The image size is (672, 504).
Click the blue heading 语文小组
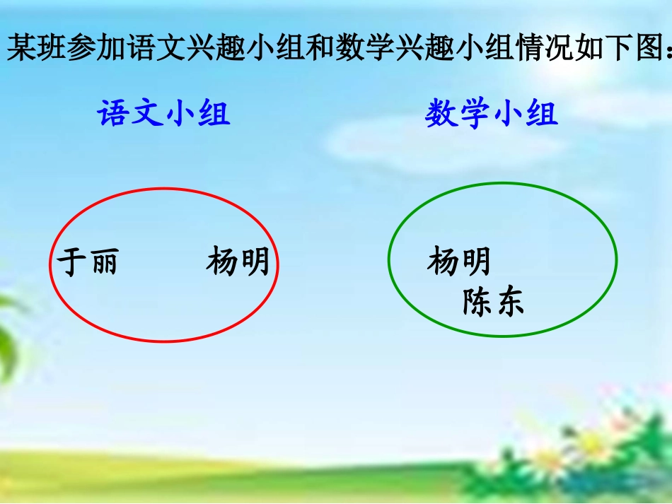[163, 113]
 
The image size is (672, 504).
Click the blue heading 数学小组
[492, 113]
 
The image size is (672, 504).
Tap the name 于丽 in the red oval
[87, 262]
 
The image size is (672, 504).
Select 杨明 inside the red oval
[238, 262]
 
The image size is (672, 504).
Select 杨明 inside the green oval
[459, 262]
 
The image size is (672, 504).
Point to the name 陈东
[493, 303]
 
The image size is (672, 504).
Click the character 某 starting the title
[22, 50]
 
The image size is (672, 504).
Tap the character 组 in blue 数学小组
[542, 113]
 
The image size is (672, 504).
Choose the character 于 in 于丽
[71, 262]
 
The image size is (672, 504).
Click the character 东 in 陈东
[509, 303]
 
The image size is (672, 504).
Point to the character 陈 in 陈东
[477, 303]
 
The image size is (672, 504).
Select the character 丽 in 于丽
[103, 262]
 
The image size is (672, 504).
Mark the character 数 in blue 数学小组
[441, 113]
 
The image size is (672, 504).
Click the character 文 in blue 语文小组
[147, 113]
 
